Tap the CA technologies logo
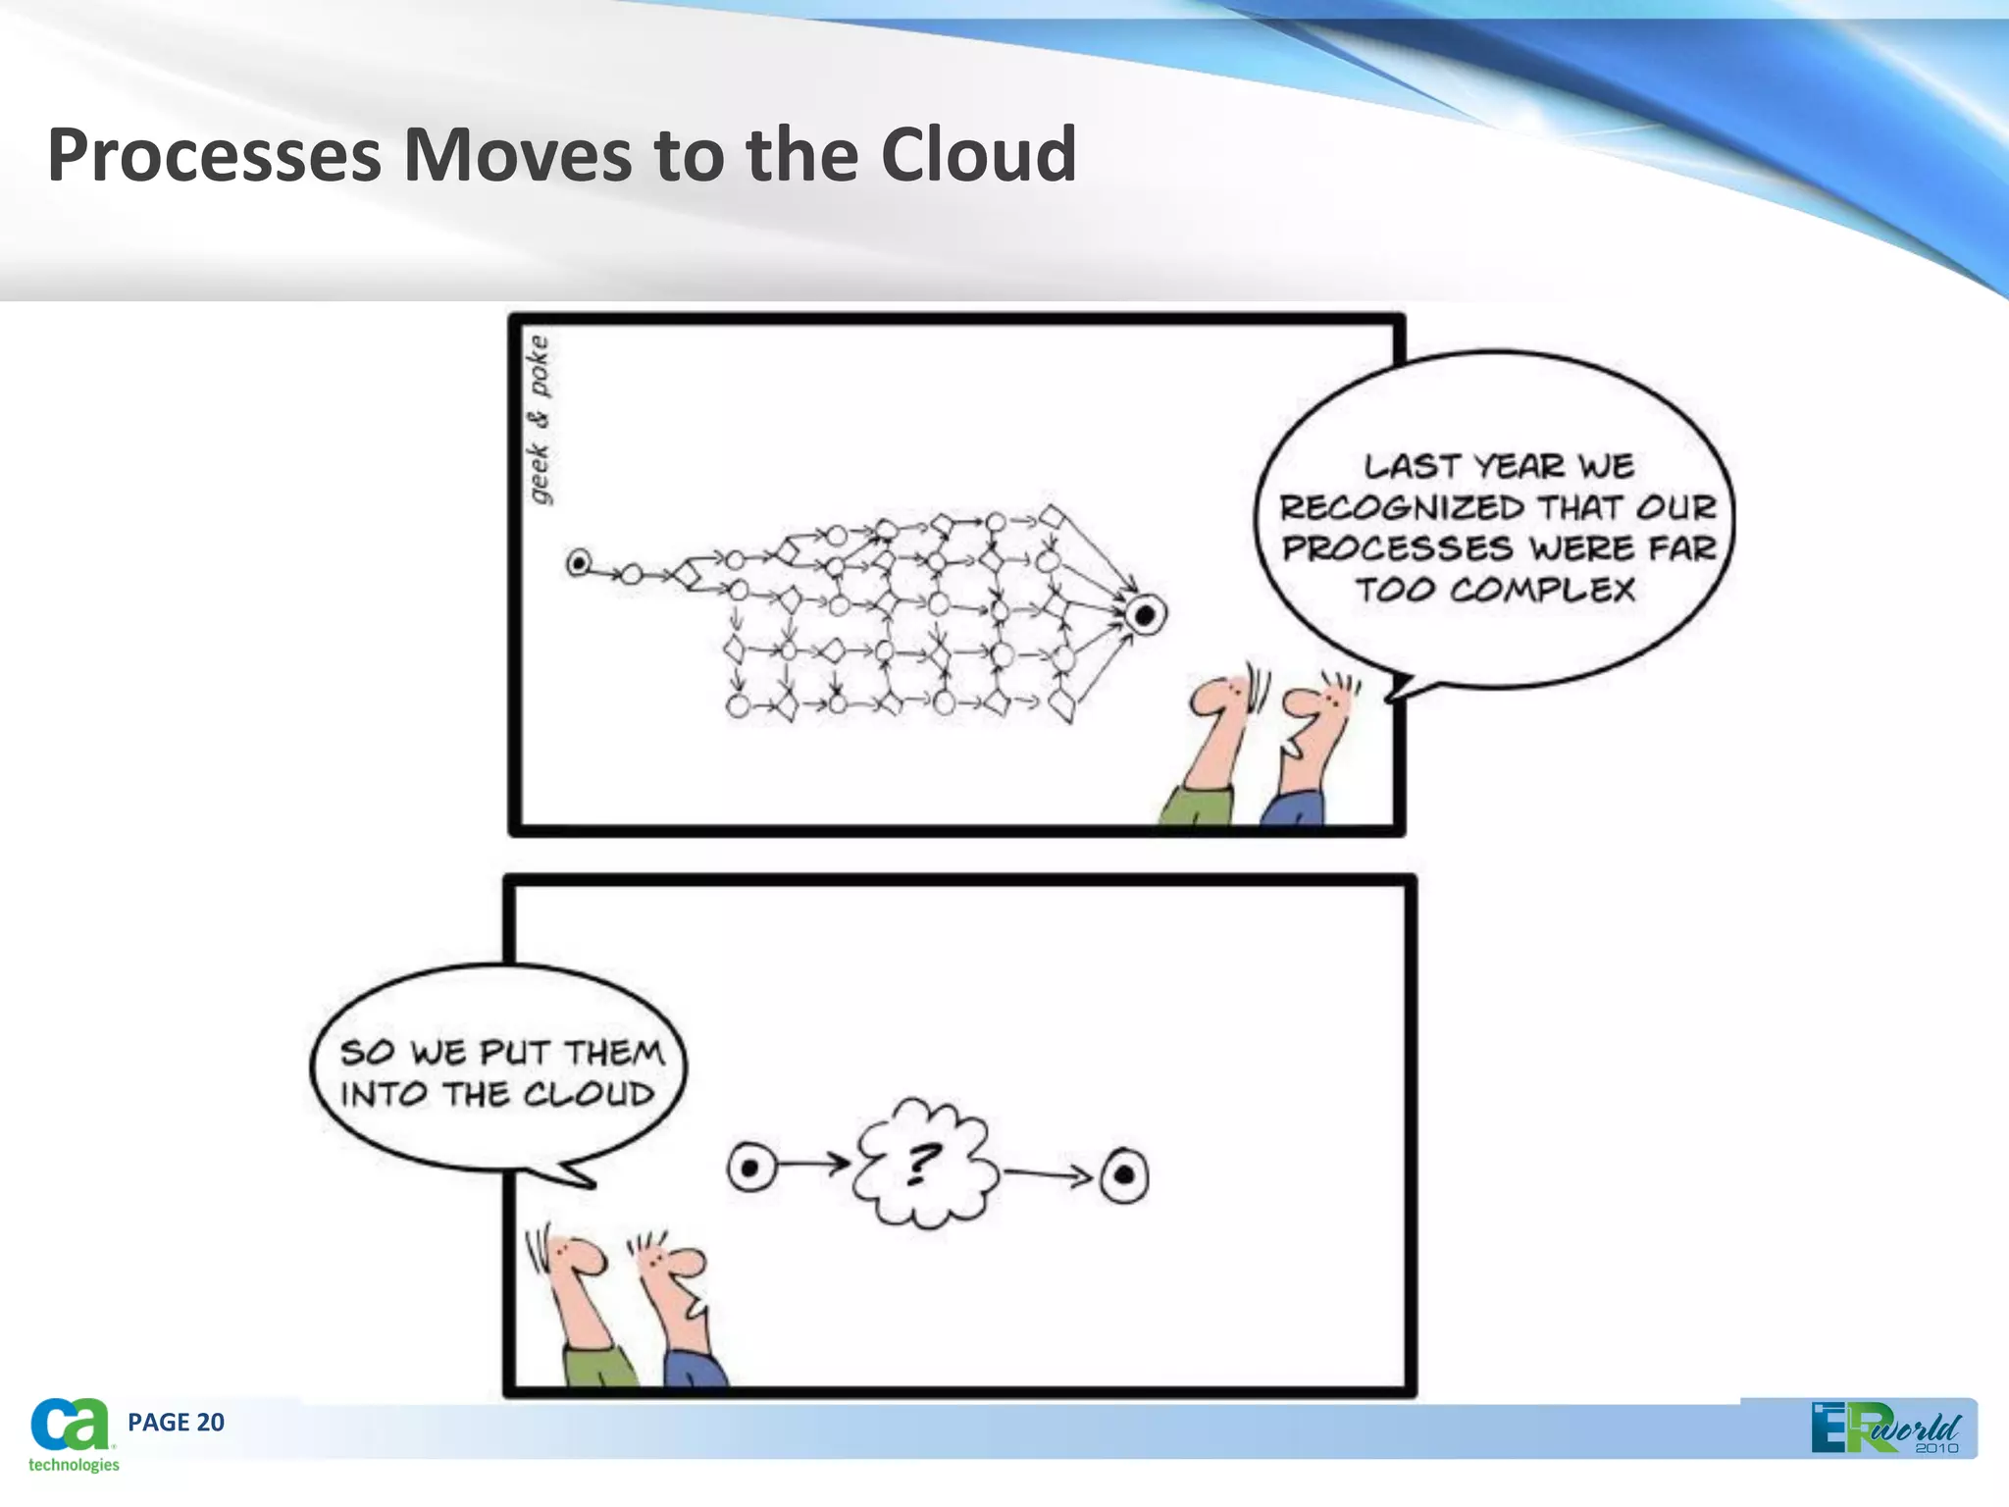[x=71, y=1434]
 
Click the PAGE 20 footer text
[x=176, y=1423]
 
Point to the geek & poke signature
[x=539, y=420]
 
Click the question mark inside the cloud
[x=920, y=1164]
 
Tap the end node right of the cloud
[x=1124, y=1174]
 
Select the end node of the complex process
[x=1144, y=616]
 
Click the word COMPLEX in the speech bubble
[x=1542, y=591]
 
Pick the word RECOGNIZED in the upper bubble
[x=1402, y=508]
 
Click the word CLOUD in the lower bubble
[x=589, y=1094]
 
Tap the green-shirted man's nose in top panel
[x=1205, y=701]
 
